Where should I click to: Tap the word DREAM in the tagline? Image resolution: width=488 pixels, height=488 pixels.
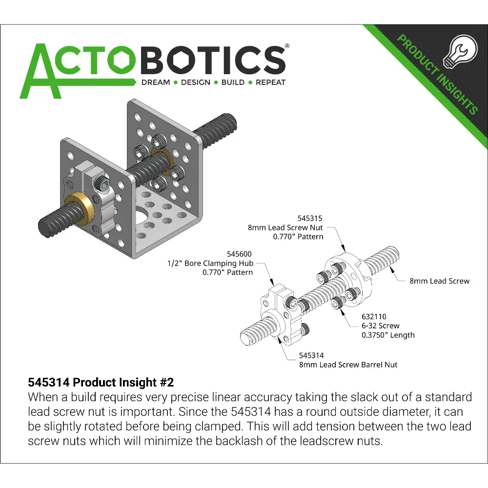click(x=156, y=82)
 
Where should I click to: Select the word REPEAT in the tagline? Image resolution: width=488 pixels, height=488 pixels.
click(x=270, y=82)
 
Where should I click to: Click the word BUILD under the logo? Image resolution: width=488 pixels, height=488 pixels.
click(x=233, y=82)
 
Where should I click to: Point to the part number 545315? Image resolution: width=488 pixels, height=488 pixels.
click(x=310, y=219)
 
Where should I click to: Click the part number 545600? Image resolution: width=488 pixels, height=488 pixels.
click(x=239, y=254)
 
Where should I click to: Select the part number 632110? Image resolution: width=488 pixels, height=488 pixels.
click(x=374, y=317)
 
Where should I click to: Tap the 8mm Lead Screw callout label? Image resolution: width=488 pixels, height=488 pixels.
click(x=440, y=281)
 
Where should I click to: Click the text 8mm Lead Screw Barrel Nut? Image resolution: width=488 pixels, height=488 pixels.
click(x=348, y=365)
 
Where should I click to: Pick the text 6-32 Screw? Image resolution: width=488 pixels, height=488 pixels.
click(x=380, y=325)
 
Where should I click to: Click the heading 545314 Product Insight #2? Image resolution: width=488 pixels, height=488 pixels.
click(x=101, y=382)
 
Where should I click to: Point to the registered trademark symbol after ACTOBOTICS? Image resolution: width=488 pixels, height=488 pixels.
click(x=287, y=46)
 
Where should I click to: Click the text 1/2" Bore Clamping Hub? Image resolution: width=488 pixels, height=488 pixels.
click(x=210, y=264)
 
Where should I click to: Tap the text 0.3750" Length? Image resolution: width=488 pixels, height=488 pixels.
click(x=388, y=335)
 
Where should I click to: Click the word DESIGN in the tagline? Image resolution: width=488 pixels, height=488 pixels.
click(x=196, y=82)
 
